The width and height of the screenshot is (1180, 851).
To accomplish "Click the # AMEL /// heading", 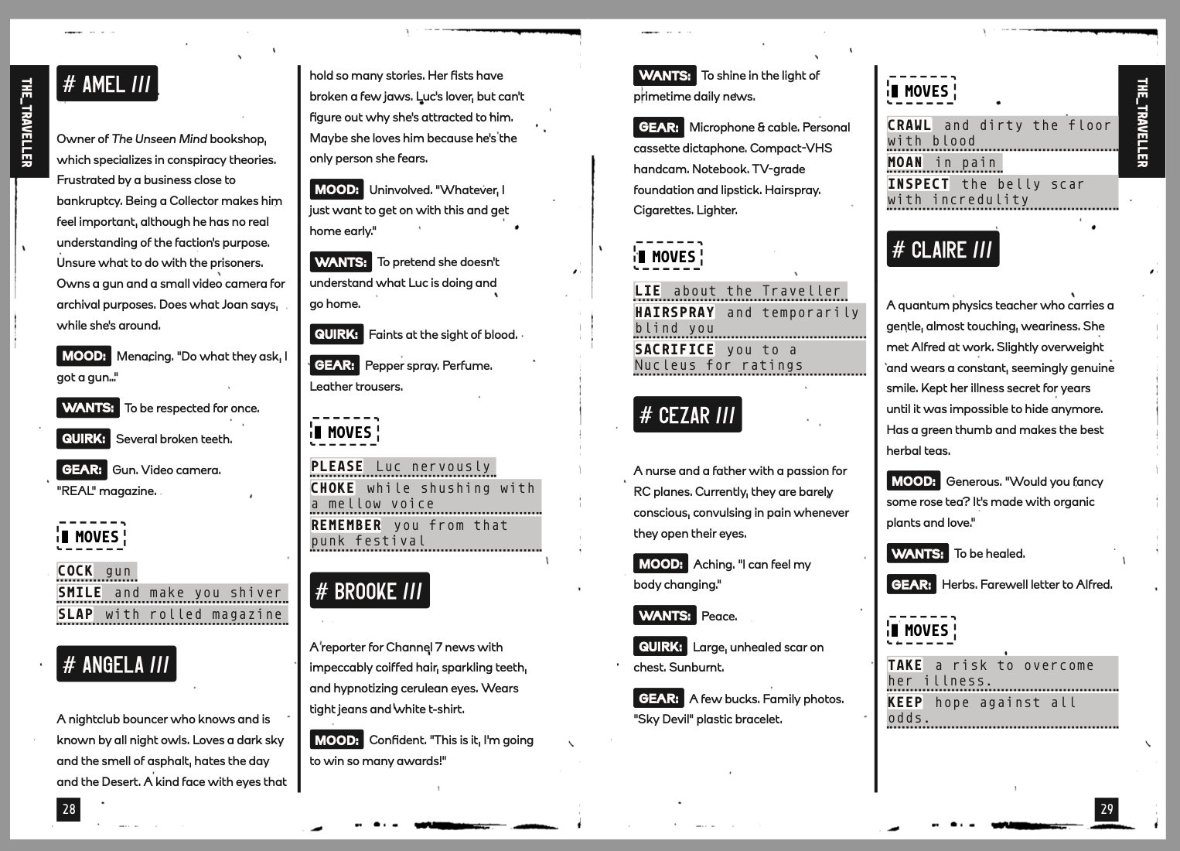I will tap(107, 84).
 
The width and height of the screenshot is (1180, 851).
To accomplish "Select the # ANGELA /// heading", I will tap(116, 664).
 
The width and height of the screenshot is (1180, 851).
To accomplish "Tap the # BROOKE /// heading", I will tap(369, 591).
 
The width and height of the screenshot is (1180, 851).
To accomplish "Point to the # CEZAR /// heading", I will tap(687, 415).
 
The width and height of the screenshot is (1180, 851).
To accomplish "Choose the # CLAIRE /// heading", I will tap(942, 249).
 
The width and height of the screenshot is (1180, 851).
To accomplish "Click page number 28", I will tap(69, 808).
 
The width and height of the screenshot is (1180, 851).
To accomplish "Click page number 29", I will tap(1107, 808).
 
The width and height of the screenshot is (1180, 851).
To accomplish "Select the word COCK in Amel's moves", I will tap(76, 571).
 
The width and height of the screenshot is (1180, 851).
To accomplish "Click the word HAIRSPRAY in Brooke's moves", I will tap(674, 312).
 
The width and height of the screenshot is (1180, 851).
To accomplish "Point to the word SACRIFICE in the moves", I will tap(674, 349).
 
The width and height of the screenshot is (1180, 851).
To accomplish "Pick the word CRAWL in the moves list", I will tap(909, 125).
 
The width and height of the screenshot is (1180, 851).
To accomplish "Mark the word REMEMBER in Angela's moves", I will tap(346, 525).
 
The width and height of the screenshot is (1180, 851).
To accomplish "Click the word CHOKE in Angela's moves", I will tap(333, 487).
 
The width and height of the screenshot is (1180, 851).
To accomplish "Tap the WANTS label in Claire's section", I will tap(917, 553).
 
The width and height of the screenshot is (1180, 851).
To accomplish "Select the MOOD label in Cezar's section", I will tap(660, 564).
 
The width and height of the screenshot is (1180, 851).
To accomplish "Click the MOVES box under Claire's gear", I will tap(921, 630).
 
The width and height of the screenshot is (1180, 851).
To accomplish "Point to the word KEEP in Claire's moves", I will tap(905, 702).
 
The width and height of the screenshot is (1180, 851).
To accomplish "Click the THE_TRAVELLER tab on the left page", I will tap(26, 121).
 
